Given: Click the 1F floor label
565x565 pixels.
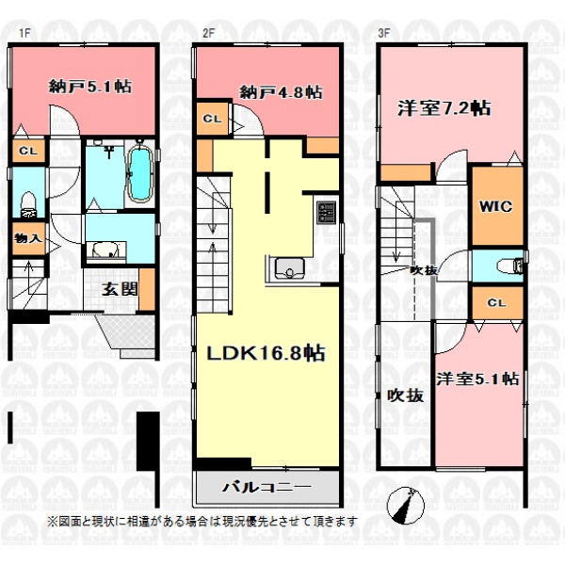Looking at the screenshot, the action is coord(24,33).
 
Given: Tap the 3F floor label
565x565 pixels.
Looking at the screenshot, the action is coord(384,33).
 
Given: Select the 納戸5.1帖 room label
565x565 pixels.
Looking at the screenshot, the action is coord(90,87).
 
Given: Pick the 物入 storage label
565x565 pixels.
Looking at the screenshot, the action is coord(27,238).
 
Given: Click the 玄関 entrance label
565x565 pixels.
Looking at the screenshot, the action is coord(120,289).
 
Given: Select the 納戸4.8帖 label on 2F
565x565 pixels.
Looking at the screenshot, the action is coord(281,92).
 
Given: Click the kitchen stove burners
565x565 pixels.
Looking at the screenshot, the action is coord(326,212).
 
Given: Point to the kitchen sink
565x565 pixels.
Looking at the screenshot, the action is coord(289,268).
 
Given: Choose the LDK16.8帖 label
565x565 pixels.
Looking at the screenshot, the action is coord(266,353).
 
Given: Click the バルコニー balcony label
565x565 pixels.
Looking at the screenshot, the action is coord(266,488).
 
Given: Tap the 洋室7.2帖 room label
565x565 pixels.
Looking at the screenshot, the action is coord(444,107).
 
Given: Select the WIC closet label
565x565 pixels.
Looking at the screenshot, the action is coord(495,206).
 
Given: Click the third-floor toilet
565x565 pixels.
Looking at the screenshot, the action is coord(510,266).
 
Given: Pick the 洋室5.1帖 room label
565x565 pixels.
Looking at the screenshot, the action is coord(477,379).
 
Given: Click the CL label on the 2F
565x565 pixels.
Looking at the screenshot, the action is coord(212,119).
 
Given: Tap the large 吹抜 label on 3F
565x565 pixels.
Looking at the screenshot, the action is coord(405,396).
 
